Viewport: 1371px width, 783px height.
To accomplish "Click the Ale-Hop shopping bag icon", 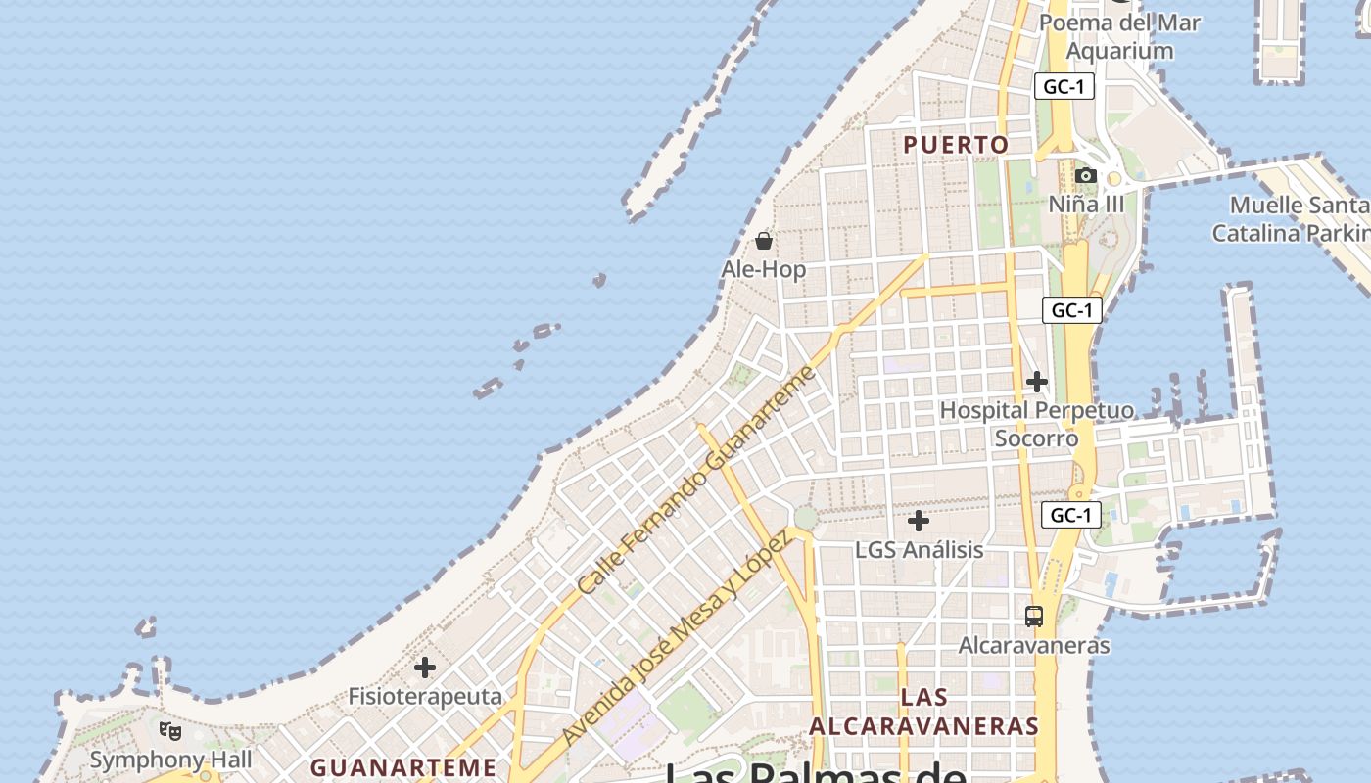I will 764,240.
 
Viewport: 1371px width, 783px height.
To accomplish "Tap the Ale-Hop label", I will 764,269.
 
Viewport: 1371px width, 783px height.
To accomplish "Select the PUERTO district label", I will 956,145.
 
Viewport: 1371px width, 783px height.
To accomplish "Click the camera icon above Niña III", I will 1085,176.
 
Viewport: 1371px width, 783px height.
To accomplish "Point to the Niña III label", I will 1087,205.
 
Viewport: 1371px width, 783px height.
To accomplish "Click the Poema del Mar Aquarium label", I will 1119,36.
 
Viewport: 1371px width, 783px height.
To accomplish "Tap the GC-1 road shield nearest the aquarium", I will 1064,86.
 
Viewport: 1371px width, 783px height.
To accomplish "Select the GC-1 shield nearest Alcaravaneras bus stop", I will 1069,515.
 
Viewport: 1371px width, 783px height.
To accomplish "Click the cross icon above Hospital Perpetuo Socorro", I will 1037,381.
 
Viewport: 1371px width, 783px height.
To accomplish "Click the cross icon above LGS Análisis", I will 918,521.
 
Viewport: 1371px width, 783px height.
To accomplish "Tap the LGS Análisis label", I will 919,550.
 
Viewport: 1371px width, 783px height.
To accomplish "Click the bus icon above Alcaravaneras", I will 1034,617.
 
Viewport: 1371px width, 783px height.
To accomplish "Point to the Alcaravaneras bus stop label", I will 1034,646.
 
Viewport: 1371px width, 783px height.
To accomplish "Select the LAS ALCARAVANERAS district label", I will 923,712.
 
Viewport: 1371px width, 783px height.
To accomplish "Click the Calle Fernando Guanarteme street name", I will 696,481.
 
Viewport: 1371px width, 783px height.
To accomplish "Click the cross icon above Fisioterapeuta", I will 424,668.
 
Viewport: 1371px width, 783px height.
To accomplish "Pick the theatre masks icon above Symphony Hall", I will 170,730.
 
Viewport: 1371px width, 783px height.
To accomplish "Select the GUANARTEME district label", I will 403,766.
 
